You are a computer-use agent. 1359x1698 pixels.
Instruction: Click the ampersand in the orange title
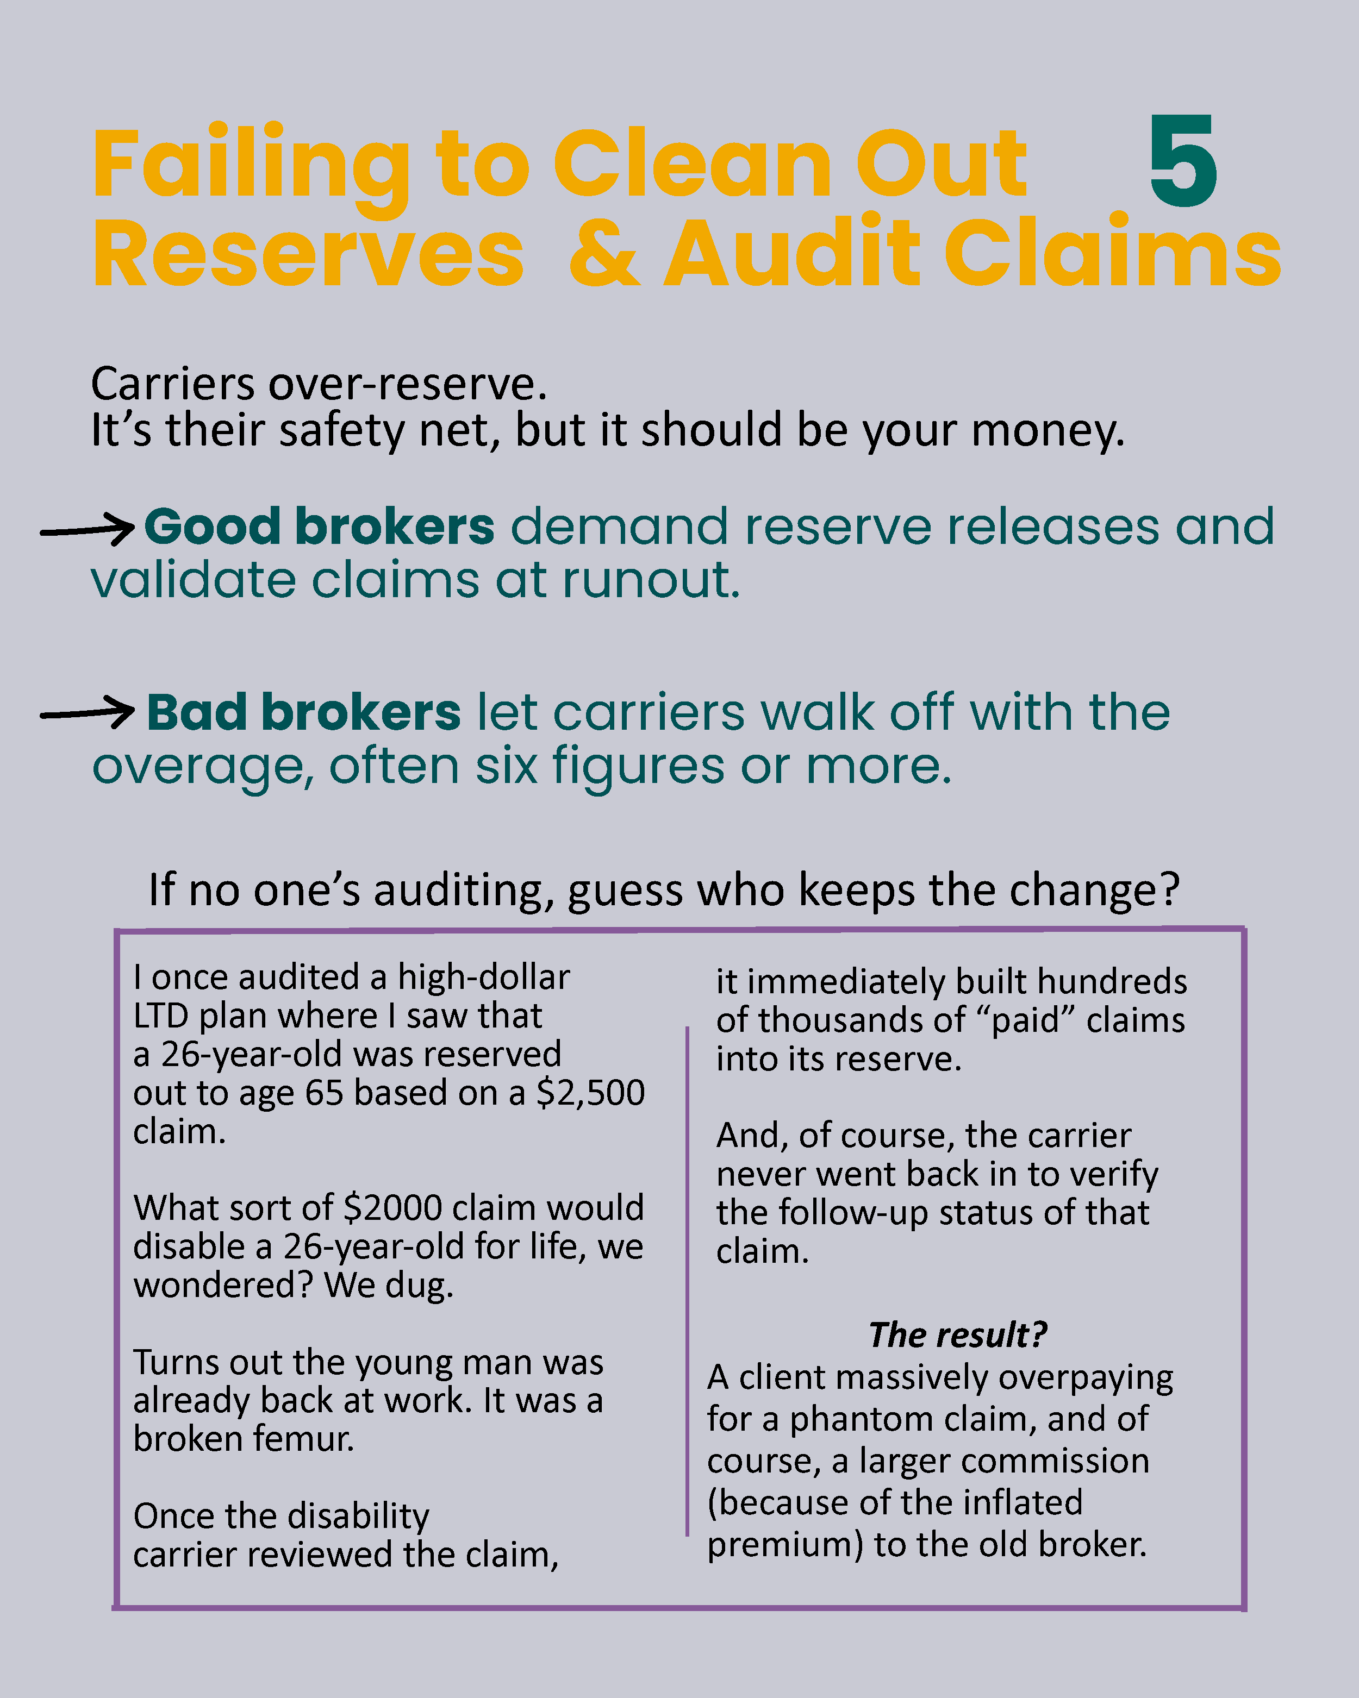point(604,252)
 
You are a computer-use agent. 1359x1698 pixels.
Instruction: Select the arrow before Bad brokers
point(88,713)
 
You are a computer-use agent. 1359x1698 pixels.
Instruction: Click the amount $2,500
point(590,1092)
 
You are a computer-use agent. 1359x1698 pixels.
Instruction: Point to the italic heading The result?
point(957,1335)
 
